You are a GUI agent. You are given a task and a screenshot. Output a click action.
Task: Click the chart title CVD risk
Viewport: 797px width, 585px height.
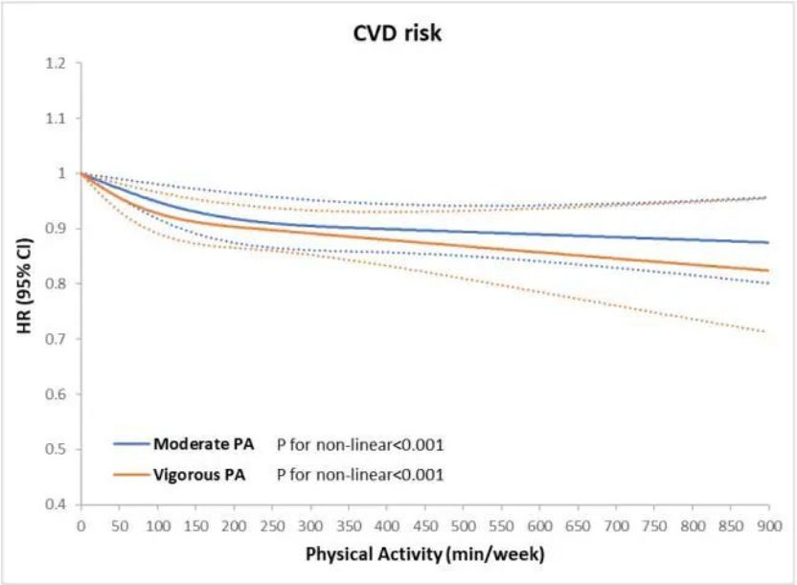398,34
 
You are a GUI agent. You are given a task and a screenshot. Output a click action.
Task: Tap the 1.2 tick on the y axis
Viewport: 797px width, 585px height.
56,63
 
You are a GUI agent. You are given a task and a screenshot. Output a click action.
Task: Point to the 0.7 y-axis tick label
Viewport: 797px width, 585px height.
56,339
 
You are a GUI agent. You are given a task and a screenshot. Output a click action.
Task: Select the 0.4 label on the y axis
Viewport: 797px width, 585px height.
56,505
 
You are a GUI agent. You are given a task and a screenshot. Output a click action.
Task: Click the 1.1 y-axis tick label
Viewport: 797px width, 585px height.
56,119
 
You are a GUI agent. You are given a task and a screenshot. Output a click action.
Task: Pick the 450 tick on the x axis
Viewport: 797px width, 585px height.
425,526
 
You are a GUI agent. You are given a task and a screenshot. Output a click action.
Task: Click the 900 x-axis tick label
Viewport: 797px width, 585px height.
769,526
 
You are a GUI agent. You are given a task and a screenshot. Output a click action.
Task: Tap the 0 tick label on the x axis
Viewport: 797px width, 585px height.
80,526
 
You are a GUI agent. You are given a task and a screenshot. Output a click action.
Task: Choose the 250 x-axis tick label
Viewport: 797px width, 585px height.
272,526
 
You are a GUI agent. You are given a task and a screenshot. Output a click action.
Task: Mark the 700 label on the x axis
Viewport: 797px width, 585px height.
616,526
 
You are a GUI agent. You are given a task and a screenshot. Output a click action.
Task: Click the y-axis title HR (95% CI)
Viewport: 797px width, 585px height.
24,286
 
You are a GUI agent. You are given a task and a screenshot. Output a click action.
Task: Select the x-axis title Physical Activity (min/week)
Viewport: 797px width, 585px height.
425,554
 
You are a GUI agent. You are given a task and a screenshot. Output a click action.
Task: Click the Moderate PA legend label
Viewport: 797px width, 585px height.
203,444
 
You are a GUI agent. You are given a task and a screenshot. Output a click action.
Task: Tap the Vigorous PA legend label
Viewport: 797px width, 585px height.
199,475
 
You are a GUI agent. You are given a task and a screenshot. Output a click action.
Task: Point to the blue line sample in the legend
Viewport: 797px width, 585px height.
132,444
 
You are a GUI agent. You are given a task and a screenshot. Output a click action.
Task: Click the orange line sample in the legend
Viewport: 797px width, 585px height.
132,474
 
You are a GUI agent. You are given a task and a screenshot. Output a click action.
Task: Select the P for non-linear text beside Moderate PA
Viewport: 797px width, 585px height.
360,445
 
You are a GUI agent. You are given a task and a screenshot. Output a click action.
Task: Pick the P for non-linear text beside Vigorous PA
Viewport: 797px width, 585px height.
360,475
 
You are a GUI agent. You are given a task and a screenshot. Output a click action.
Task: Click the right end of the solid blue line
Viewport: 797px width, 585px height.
768,242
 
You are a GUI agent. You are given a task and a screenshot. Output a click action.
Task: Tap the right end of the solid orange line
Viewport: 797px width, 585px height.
768,270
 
